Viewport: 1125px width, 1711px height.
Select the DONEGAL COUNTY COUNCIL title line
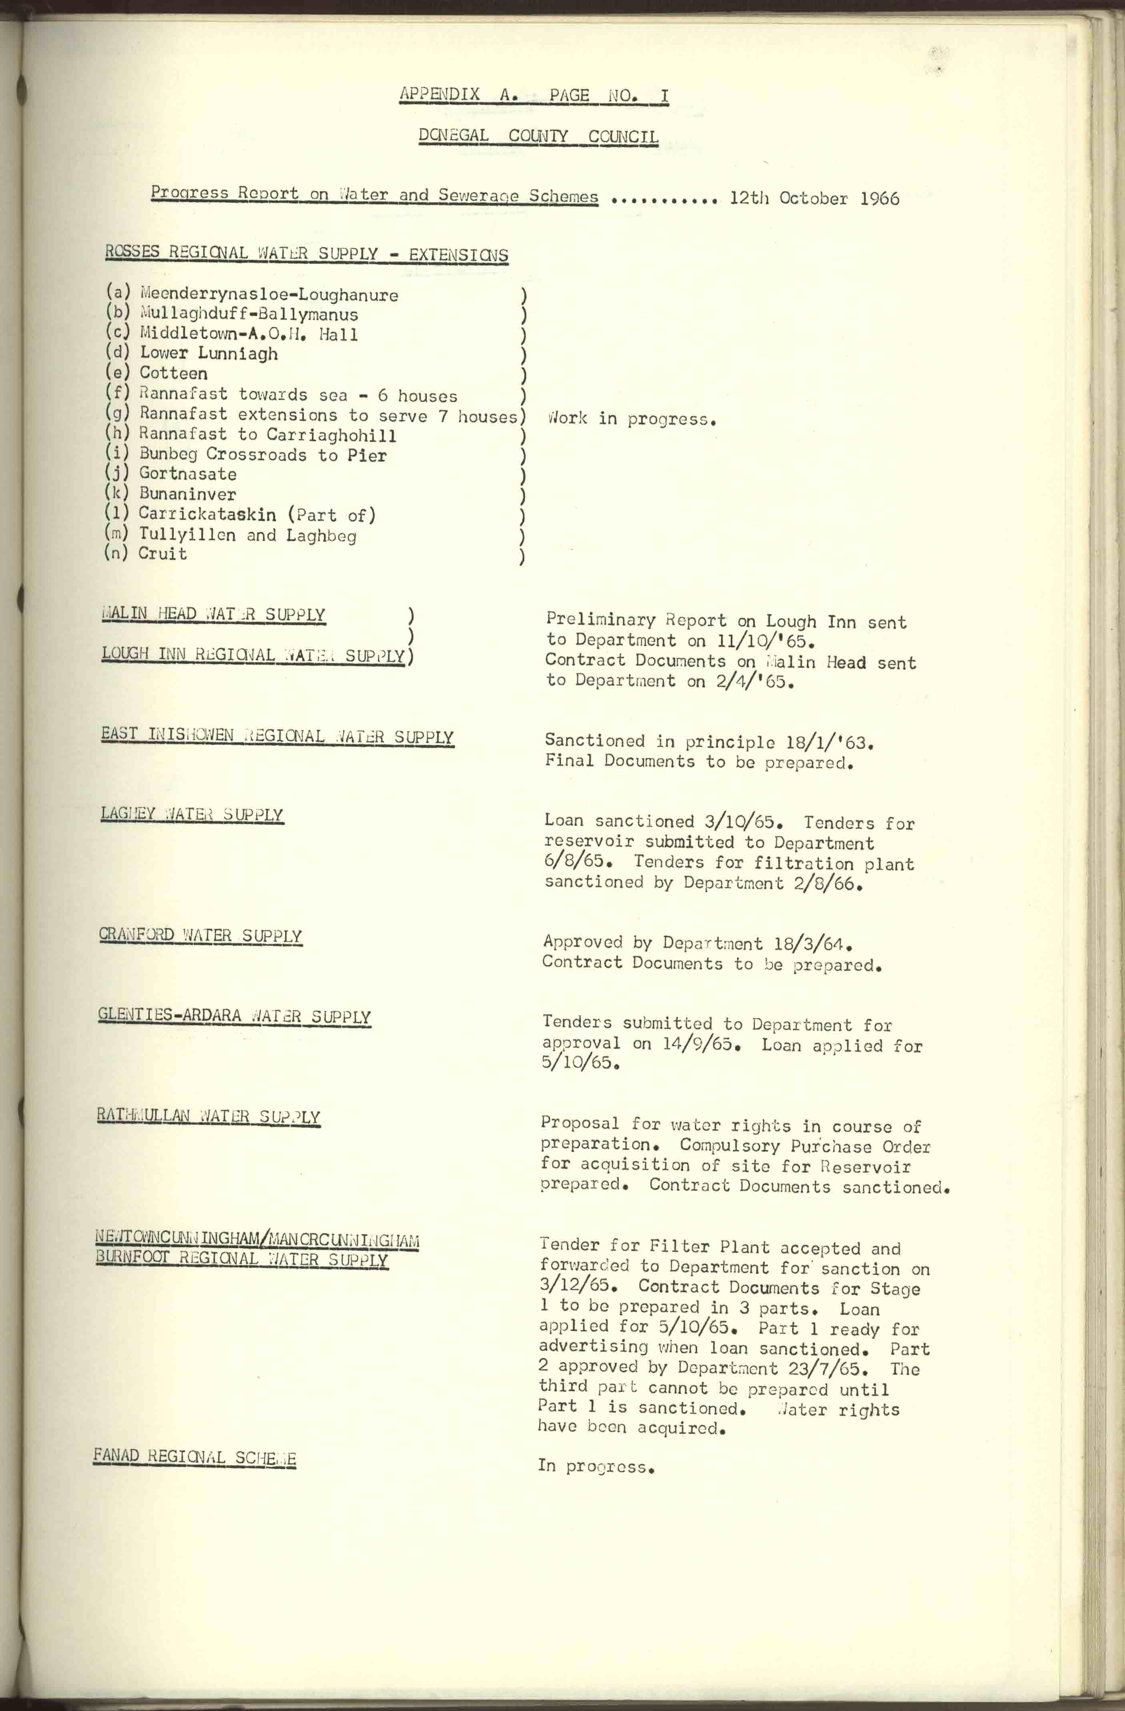538,136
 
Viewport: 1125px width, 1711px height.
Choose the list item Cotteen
173,373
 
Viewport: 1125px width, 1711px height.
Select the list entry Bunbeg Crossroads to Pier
263,454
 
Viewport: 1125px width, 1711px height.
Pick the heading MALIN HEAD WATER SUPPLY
213,615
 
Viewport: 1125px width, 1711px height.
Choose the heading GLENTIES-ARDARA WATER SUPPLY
235,1016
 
